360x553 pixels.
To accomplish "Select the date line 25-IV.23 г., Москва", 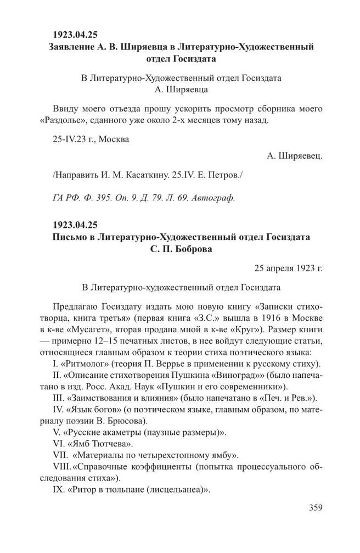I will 92,139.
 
